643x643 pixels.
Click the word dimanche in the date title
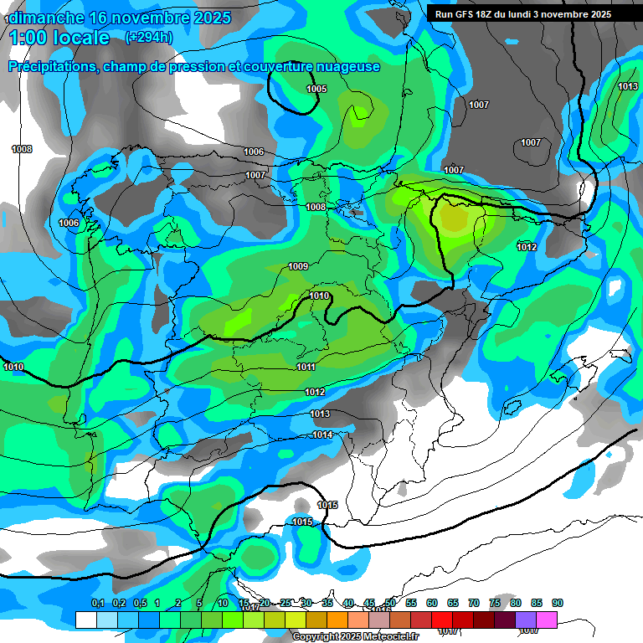(x=47, y=18)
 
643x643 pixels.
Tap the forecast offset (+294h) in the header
(x=149, y=37)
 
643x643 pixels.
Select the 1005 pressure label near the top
(x=316, y=89)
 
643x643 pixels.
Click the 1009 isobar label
(x=298, y=266)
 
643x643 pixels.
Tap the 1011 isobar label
(x=306, y=367)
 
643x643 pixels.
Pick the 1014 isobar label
(x=322, y=435)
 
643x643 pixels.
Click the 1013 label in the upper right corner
(x=628, y=87)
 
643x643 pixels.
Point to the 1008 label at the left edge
(x=22, y=149)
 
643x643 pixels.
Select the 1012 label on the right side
(x=527, y=247)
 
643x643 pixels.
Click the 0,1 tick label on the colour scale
(x=97, y=603)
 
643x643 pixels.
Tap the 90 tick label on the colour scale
(x=558, y=603)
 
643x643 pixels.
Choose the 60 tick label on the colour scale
(x=432, y=603)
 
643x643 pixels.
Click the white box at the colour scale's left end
(x=85, y=620)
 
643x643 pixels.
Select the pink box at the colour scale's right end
(x=547, y=620)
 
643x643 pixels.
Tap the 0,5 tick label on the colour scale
(x=140, y=603)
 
